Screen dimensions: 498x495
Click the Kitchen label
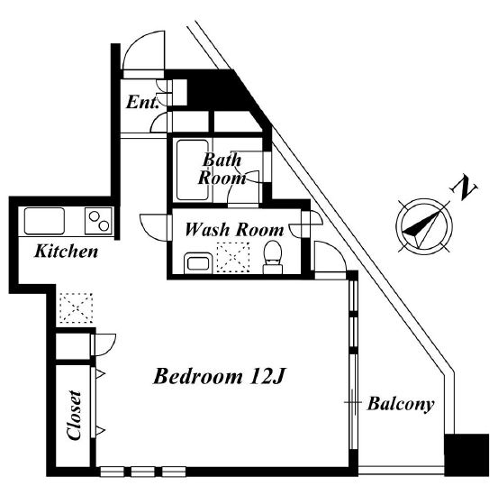(x=66, y=252)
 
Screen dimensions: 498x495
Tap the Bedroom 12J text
(x=220, y=377)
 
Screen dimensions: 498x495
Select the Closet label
(x=75, y=416)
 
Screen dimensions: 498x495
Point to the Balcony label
(x=401, y=405)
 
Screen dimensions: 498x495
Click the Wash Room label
(x=234, y=230)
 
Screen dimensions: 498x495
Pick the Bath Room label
(x=222, y=169)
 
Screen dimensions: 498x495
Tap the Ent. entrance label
(x=142, y=103)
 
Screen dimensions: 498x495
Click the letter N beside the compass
(x=464, y=188)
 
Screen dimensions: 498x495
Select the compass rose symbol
(x=424, y=225)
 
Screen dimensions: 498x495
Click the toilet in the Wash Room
(x=273, y=257)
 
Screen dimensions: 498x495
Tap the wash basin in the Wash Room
(x=198, y=263)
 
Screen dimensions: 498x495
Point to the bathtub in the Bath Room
(x=193, y=170)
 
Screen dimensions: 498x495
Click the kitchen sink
(x=44, y=221)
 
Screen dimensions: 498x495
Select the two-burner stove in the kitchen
(x=98, y=221)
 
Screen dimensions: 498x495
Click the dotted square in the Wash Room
(x=233, y=258)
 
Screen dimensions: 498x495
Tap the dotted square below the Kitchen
(x=77, y=308)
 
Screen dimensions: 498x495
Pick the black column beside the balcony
(x=466, y=455)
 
